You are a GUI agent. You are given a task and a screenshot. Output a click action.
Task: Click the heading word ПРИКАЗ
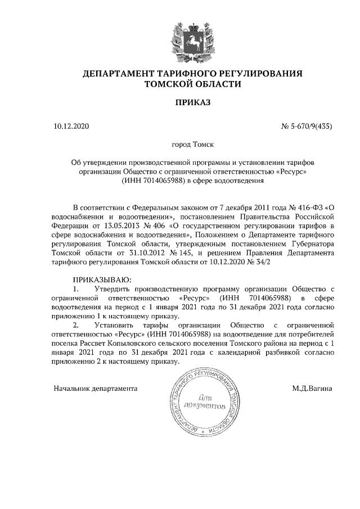coord(192,103)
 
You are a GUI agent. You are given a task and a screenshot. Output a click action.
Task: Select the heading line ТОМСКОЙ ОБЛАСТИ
coord(192,84)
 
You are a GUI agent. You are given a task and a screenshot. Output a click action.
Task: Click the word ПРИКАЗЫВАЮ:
coord(101,280)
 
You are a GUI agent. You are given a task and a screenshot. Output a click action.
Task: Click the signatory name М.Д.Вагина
coord(312,388)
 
